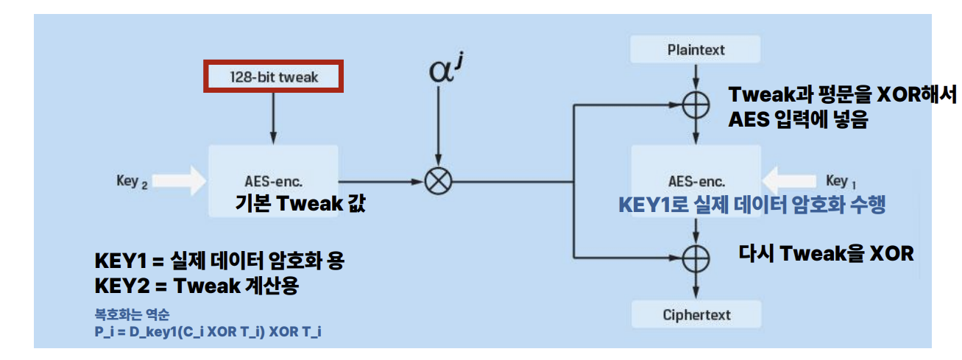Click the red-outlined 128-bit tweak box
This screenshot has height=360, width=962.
click(x=273, y=77)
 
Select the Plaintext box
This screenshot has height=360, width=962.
click(x=696, y=50)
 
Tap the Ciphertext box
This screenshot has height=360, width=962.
click(x=696, y=314)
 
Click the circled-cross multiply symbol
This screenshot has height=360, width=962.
click(x=439, y=182)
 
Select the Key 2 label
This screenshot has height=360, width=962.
click(x=132, y=180)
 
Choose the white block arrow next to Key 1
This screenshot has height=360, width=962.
click(x=792, y=181)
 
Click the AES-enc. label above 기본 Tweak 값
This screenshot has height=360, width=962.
click(x=273, y=182)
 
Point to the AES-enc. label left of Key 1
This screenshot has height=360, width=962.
click(x=696, y=182)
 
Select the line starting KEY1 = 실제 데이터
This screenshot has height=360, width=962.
click(x=219, y=261)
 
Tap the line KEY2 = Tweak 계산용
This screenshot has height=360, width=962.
click(x=196, y=286)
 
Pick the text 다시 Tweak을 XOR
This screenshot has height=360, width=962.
click(x=826, y=254)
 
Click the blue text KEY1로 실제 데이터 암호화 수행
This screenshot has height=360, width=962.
click(x=751, y=205)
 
